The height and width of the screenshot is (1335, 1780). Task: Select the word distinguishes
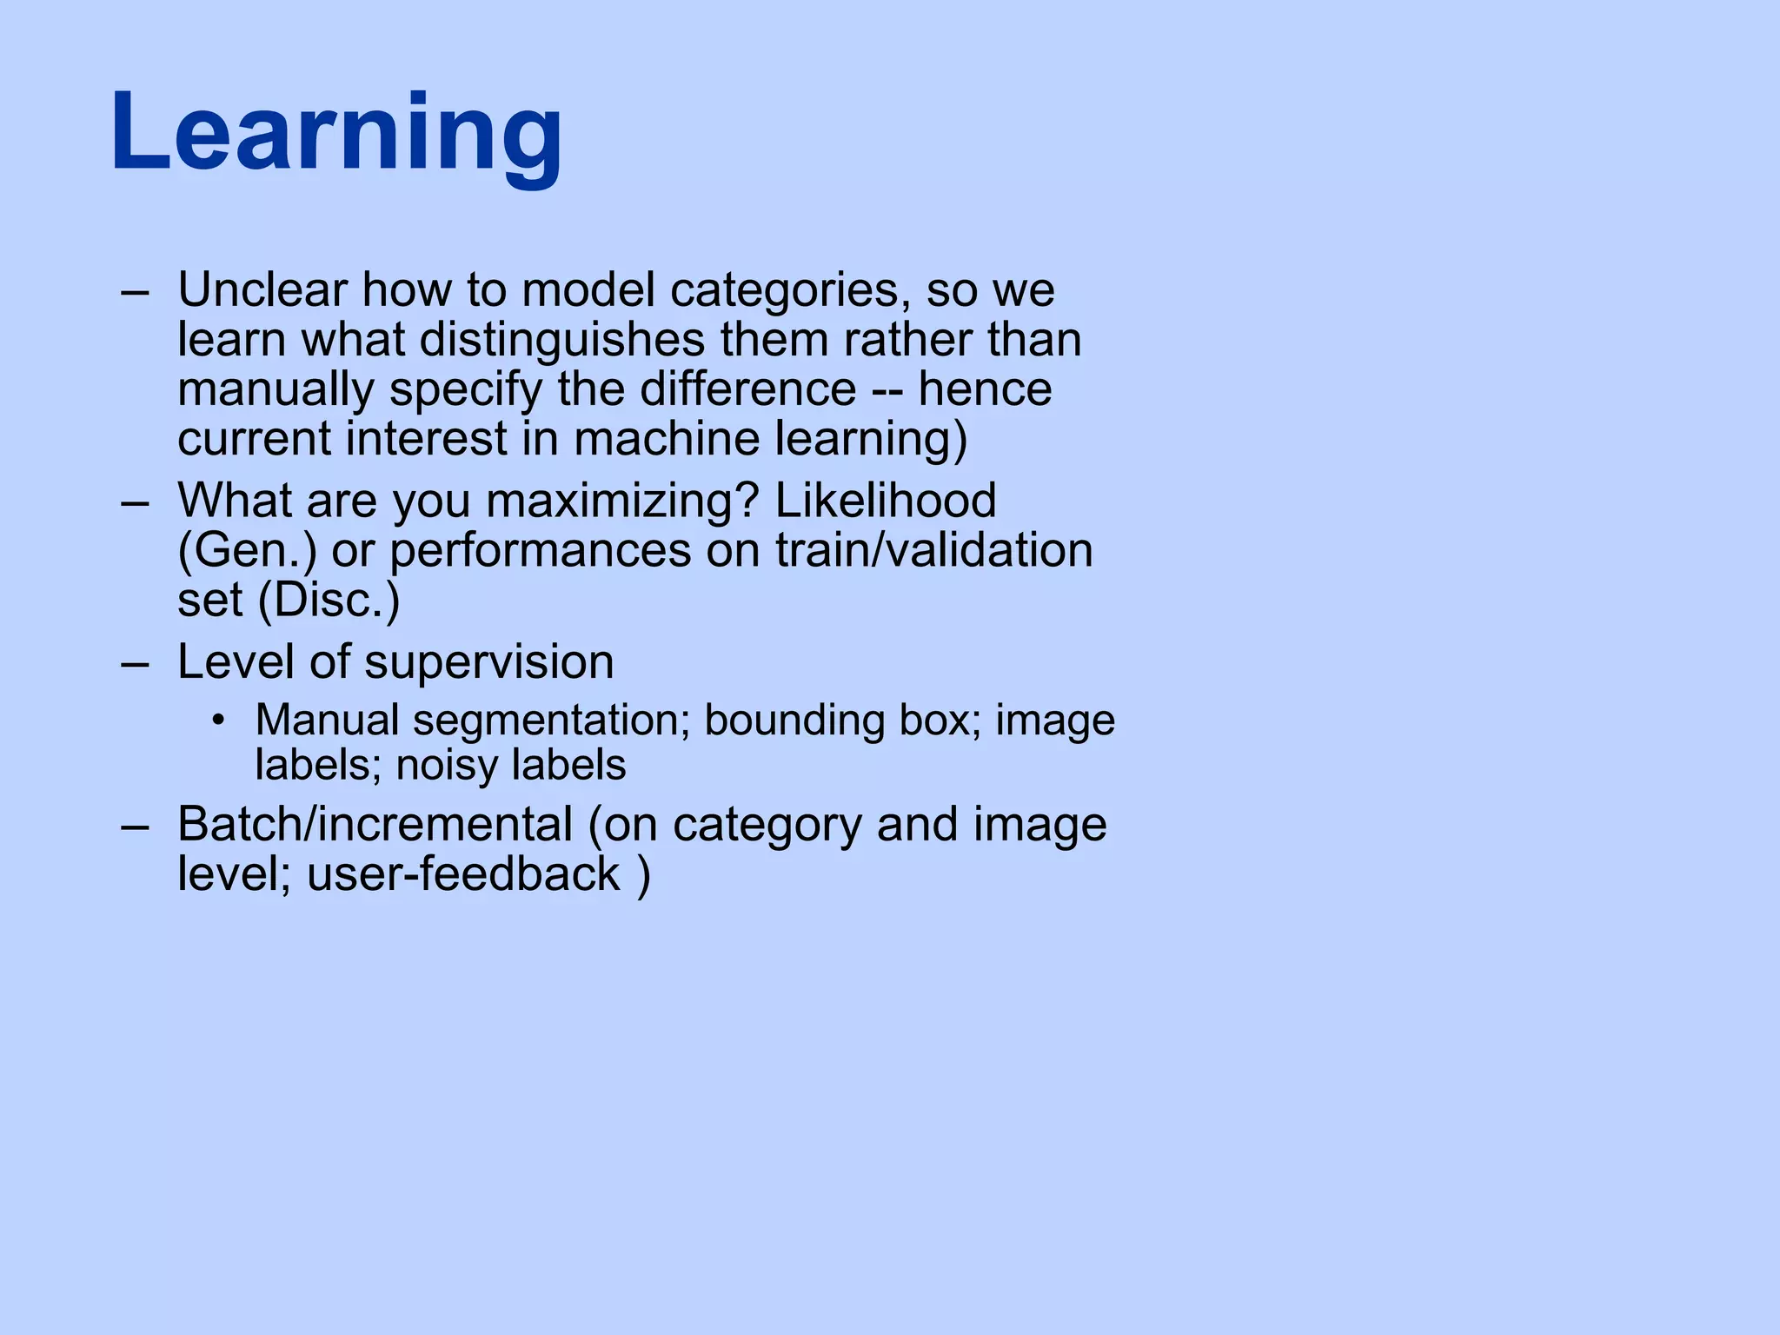click(562, 339)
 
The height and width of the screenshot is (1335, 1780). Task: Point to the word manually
click(276, 389)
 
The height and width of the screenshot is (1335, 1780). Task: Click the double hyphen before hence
click(887, 390)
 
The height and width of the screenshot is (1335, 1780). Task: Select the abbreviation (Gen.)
click(248, 551)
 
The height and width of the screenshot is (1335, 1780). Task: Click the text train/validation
click(933, 551)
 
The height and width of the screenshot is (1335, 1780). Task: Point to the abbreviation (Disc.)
click(329, 601)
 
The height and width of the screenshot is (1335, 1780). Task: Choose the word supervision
click(488, 662)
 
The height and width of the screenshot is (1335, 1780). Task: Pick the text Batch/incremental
click(375, 824)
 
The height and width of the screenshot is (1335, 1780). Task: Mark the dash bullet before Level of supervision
click(136, 663)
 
